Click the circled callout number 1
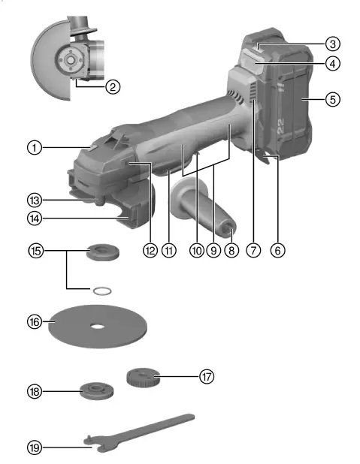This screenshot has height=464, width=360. [x=34, y=148]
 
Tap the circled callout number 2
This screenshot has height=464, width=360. [x=113, y=87]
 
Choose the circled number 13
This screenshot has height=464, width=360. [x=34, y=200]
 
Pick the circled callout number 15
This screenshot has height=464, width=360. [x=34, y=250]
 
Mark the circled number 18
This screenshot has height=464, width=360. [x=34, y=391]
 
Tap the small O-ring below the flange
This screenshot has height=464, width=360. [x=104, y=289]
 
